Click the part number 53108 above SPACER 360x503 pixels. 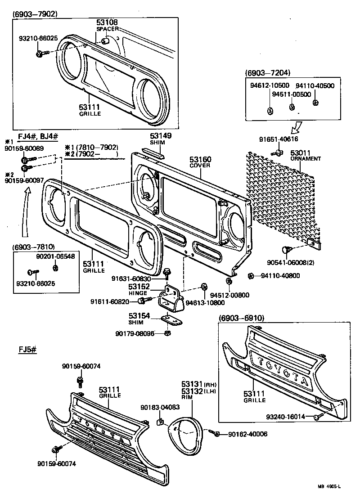pyautogui.click(x=107, y=22)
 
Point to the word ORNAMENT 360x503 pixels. pyautogui.click(x=306, y=159)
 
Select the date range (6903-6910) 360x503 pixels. pyautogui.click(x=242, y=318)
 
